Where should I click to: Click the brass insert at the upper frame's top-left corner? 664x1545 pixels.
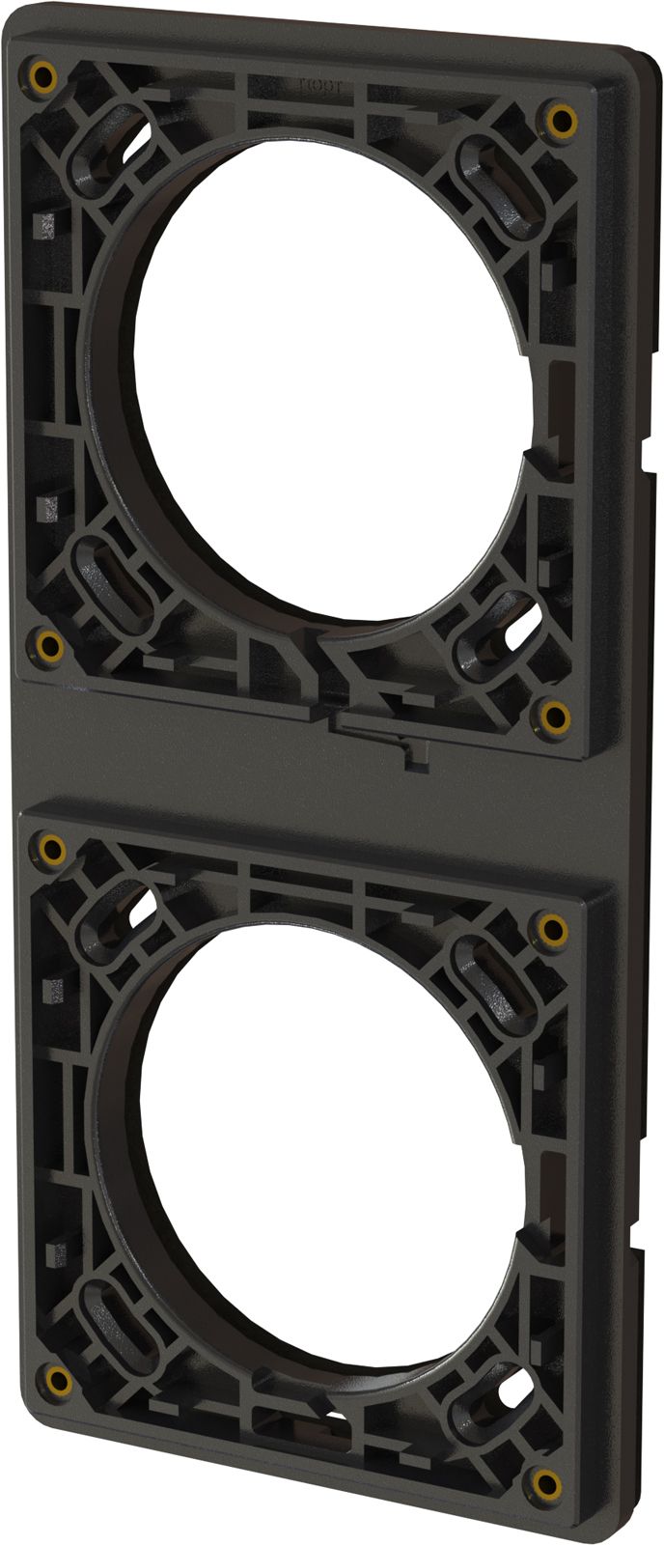coord(41,75)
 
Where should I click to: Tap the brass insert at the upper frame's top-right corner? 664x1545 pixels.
coord(560,120)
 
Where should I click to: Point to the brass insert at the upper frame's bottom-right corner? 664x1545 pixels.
coord(555,716)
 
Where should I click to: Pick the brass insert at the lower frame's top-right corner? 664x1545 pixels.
coord(552,931)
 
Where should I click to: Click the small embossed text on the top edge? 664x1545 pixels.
coord(314,86)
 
